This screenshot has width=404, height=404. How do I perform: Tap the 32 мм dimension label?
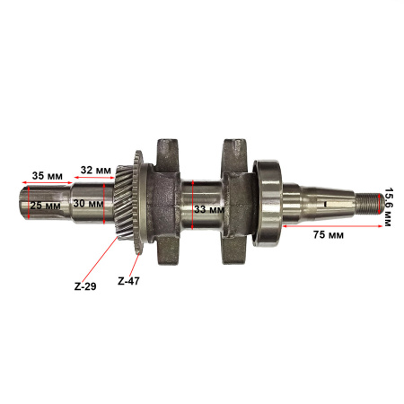pos(96,168)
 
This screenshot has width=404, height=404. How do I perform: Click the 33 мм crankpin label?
pos(209,209)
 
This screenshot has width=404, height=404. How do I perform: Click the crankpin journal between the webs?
pos(205,201)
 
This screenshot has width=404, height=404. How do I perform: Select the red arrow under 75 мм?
pos(331,227)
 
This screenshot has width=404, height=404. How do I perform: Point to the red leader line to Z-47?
pos(134,259)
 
